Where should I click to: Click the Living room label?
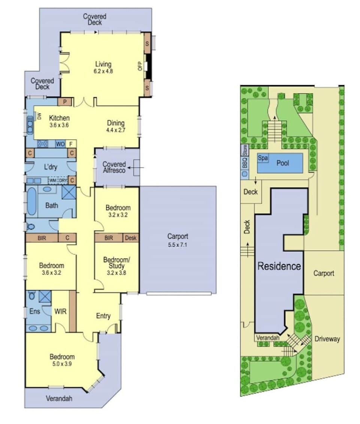[x=103, y=65]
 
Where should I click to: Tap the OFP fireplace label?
[x=140, y=66]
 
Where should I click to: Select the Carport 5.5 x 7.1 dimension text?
[x=178, y=245]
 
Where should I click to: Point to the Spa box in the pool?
[x=262, y=158]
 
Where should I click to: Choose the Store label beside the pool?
[x=245, y=150]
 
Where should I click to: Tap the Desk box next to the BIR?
[x=131, y=238]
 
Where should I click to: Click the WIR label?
[x=60, y=311]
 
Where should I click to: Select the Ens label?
[x=34, y=311]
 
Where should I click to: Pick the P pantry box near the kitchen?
[x=65, y=102]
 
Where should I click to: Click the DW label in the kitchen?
[x=39, y=117]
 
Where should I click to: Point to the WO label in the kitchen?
[x=60, y=144]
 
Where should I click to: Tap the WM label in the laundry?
[x=53, y=180]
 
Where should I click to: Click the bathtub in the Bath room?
[x=31, y=201]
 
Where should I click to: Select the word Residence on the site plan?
[x=279, y=266]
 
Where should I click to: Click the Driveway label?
[x=327, y=339]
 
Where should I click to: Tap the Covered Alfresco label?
[x=114, y=167]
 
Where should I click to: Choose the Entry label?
[x=103, y=316]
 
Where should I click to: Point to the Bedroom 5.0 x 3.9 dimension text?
[x=62, y=364]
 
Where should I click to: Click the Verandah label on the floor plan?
[x=59, y=398]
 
